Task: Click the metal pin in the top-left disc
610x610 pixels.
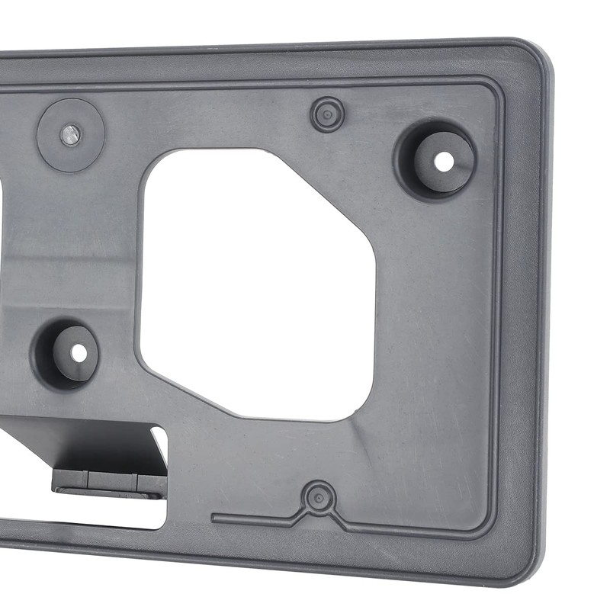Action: [x=70, y=135]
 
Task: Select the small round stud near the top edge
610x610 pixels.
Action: [x=327, y=114]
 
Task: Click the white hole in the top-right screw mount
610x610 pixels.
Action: [x=443, y=161]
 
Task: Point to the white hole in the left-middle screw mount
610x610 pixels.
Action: [x=79, y=353]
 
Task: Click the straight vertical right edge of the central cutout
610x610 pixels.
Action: [x=374, y=320]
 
